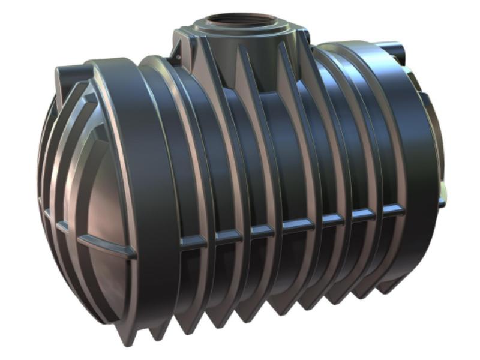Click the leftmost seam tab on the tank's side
pos(193,241)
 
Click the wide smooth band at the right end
pos(414,150)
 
